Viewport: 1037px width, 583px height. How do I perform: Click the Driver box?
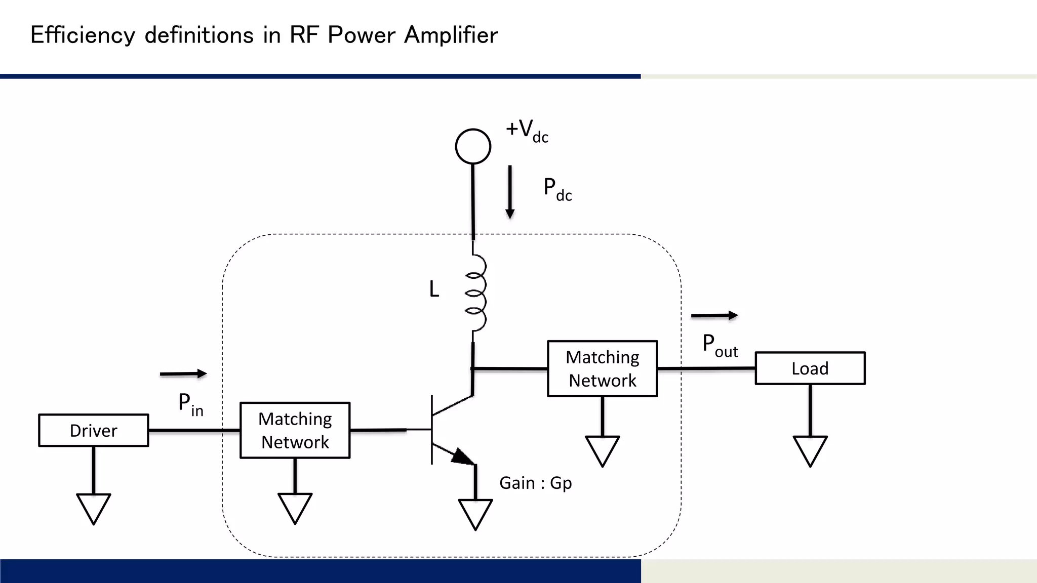(x=94, y=430)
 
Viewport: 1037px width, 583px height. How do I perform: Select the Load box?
(x=810, y=368)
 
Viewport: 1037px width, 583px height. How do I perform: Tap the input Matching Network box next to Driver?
(x=295, y=430)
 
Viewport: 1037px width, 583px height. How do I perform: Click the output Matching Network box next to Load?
(x=602, y=368)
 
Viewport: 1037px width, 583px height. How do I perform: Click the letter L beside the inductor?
(x=434, y=289)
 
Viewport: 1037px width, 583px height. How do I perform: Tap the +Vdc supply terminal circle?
(x=473, y=146)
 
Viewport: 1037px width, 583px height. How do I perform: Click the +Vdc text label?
(x=527, y=131)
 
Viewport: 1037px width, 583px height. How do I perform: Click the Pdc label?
(x=557, y=189)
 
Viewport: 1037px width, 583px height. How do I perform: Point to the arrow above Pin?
(x=183, y=374)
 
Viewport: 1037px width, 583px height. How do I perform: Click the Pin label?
(x=190, y=405)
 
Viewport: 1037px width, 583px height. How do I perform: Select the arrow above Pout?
(x=714, y=315)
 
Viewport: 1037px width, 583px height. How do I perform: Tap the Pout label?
(x=720, y=346)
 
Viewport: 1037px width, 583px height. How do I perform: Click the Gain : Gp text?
(x=535, y=483)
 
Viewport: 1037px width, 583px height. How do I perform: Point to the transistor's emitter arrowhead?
(x=462, y=456)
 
